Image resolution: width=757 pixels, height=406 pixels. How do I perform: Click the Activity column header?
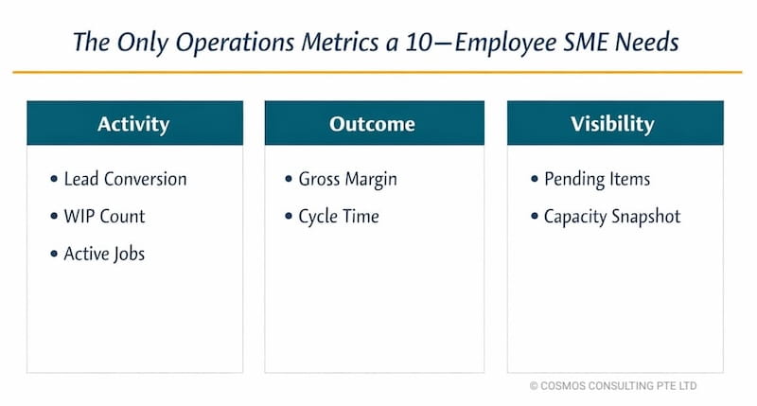point(133,124)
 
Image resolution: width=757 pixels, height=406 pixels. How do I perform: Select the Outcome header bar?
point(374,124)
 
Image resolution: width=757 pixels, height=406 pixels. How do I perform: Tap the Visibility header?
point(615,124)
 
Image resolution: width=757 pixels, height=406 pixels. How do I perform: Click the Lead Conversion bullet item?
point(125,179)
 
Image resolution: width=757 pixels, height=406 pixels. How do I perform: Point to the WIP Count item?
point(104,216)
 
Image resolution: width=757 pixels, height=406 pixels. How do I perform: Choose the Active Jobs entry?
point(104,254)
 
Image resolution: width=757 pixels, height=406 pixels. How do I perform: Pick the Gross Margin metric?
point(347,179)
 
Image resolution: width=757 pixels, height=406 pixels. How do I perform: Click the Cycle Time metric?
point(338,216)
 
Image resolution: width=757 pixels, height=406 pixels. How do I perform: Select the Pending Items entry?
point(596,179)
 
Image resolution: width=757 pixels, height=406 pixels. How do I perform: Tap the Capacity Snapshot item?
point(611,216)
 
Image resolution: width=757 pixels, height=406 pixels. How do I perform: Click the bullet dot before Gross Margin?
point(290,180)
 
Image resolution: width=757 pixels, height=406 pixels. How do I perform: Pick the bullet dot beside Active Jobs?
point(54,255)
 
